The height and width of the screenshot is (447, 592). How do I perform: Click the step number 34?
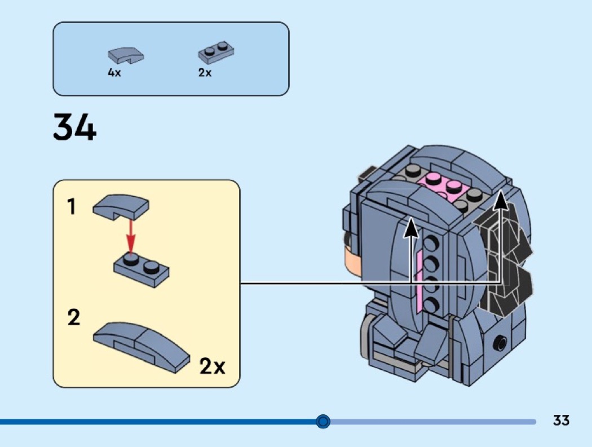pos(74,127)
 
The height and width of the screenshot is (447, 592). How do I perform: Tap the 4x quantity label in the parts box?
pos(114,73)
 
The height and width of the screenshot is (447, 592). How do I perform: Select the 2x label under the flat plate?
pos(205,73)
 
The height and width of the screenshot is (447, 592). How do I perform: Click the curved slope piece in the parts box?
pos(126,55)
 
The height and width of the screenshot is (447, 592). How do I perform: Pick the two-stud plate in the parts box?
pos(216,52)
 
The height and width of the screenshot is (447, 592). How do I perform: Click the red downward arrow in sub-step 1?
pos(131,237)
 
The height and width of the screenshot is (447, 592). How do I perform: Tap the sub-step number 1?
pos(72,207)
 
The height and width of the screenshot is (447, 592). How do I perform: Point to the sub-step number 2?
pos(73,318)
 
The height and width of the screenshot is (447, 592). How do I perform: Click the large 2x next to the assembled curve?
pos(212,367)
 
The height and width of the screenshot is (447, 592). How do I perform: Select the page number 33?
pos(561,421)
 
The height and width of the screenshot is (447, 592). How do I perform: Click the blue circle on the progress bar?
pos(323,421)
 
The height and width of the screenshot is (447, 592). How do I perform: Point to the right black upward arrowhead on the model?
pos(500,199)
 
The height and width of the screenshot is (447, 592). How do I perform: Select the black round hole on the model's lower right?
pos(500,342)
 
